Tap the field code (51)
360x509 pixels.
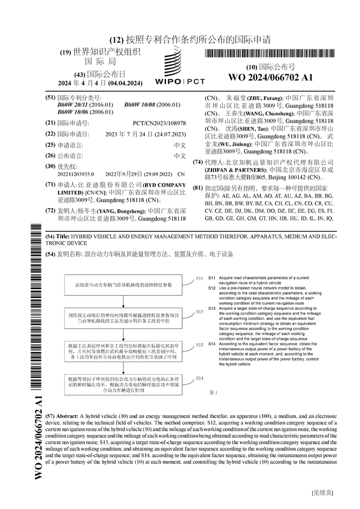pyautogui.click(x=50, y=97)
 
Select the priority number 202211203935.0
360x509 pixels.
pyautogui.click(x=76, y=175)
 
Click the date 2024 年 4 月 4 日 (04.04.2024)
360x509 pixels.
pyautogui.click(x=101, y=83)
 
